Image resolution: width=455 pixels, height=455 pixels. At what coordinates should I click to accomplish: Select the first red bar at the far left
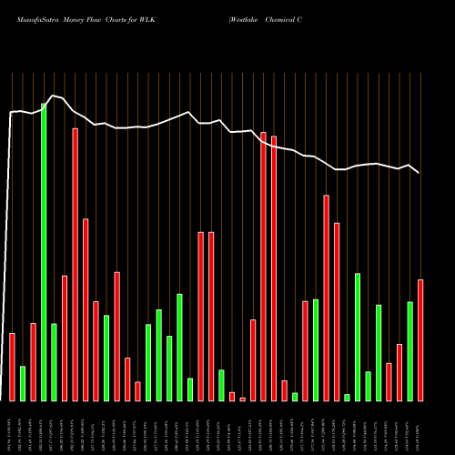[12, 367]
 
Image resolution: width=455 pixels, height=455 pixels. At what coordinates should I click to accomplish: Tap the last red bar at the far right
[420, 339]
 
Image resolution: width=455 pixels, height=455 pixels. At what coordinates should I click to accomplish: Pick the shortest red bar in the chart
[243, 399]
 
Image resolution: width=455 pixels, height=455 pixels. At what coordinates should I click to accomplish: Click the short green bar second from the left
[23, 383]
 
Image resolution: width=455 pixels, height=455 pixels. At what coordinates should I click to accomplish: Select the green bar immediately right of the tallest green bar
[54, 361]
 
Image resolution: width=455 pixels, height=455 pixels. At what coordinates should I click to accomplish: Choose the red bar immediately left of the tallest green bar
[33, 361]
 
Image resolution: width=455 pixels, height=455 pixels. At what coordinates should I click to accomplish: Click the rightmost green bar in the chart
[409, 350]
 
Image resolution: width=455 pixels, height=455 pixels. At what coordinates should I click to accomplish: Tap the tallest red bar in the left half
[75, 264]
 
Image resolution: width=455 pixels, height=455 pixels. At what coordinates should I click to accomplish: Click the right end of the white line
[419, 172]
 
